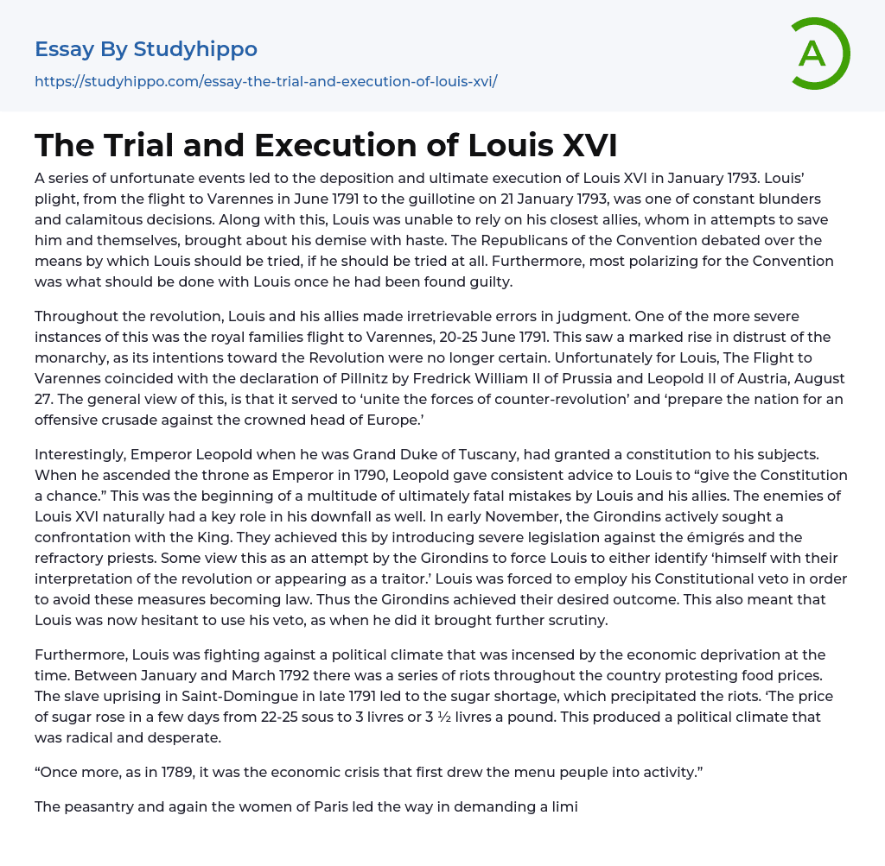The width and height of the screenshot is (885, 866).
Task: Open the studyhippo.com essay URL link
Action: coord(266,81)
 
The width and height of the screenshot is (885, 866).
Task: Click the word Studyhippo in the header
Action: coord(195,49)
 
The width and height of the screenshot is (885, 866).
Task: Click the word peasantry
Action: coord(101,807)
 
